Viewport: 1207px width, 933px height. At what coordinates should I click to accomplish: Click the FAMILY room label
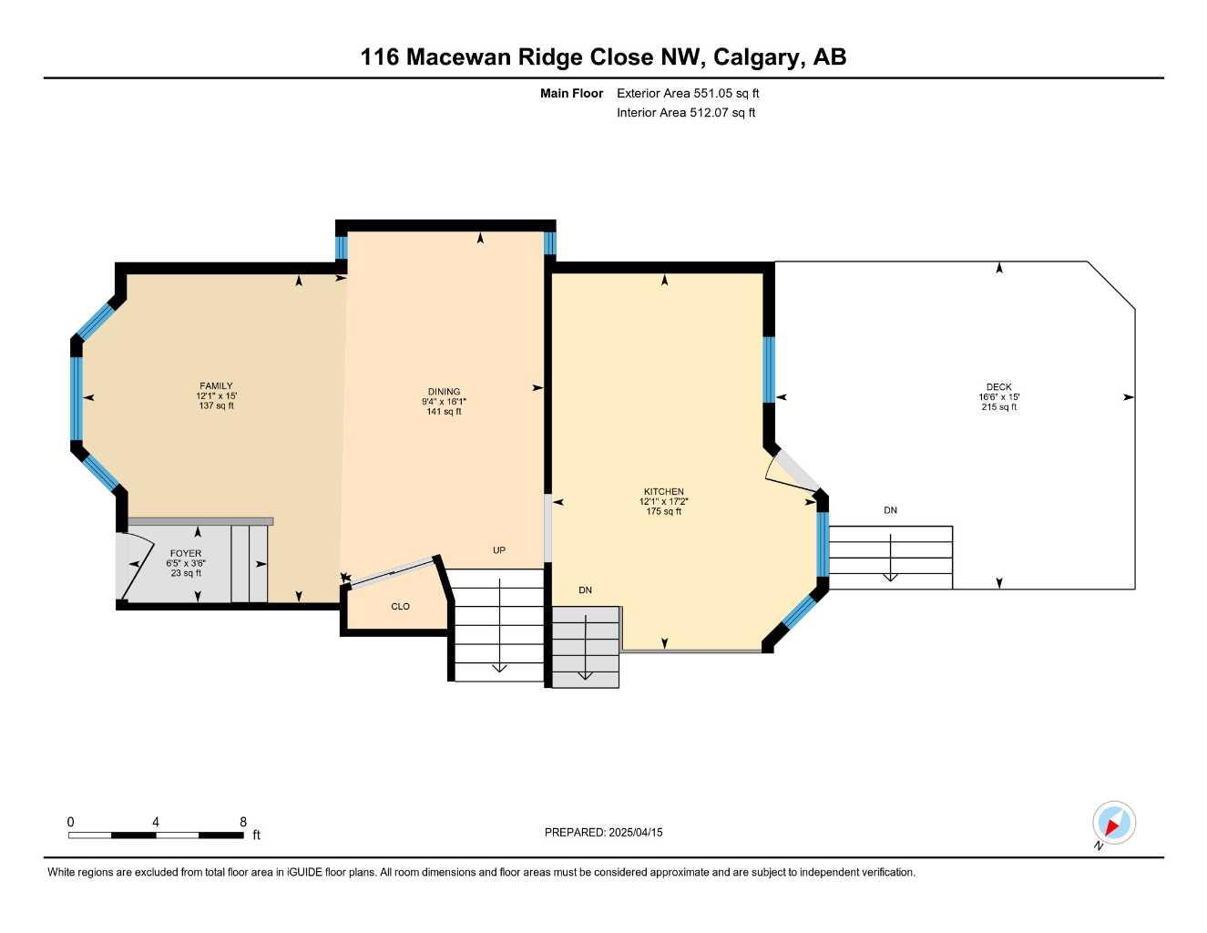[216, 385]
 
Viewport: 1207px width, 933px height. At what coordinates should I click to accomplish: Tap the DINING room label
[444, 392]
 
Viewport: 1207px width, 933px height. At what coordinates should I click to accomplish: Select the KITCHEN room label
[664, 491]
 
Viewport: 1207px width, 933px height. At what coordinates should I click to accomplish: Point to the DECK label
[998, 386]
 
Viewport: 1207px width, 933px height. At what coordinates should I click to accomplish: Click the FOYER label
[186, 553]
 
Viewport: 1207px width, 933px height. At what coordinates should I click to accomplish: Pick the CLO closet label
[400, 607]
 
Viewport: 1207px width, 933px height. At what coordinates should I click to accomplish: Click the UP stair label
[499, 550]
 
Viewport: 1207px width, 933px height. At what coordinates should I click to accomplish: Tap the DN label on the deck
[890, 510]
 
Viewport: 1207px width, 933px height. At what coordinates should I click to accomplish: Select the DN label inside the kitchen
[585, 590]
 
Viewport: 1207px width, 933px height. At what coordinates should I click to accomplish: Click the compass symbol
[1113, 824]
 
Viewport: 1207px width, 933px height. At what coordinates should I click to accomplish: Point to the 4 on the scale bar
[156, 822]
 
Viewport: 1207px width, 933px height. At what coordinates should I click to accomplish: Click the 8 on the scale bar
[242, 822]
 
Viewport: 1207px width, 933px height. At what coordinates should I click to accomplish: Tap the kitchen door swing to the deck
[791, 471]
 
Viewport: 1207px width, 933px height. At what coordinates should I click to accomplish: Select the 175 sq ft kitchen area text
[664, 511]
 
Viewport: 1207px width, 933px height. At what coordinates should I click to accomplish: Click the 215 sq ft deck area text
[998, 407]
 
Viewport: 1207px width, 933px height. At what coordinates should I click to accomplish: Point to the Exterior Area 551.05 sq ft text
[688, 93]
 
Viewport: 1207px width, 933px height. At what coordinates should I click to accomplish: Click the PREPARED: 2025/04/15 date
[603, 833]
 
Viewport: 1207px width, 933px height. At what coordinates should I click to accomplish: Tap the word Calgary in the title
[758, 57]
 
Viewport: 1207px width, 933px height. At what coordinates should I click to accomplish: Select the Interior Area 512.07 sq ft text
[686, 113]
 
